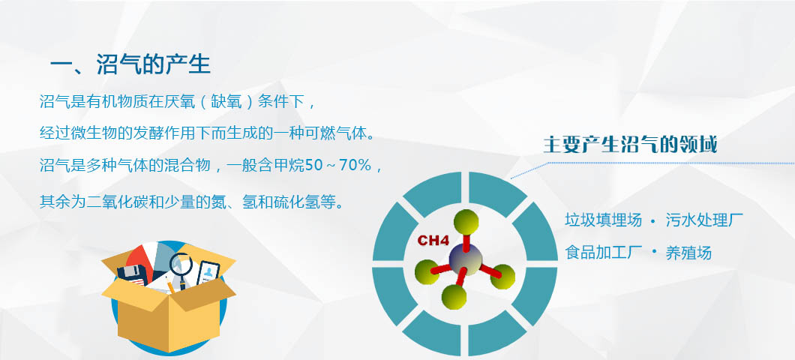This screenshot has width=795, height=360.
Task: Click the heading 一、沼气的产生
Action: pos(130,65)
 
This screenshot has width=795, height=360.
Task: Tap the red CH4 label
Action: pos(433,240)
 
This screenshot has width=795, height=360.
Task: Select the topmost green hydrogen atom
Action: pos(466,222)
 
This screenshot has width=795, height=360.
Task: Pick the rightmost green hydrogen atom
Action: pos(502,277)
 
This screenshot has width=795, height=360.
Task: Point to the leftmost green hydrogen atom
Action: pos(427,271)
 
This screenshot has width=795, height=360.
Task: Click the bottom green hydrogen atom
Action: pos(454,296)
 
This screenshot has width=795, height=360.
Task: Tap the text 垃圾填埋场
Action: pos(603,220)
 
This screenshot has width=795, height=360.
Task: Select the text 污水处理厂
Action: pos(704,220)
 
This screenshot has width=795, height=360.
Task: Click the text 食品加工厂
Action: pos(603,253)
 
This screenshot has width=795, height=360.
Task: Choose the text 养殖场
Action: pos(688,253)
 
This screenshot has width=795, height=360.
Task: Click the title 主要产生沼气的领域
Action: pos(630,145)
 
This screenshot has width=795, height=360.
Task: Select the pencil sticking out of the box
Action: pos(171,287)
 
